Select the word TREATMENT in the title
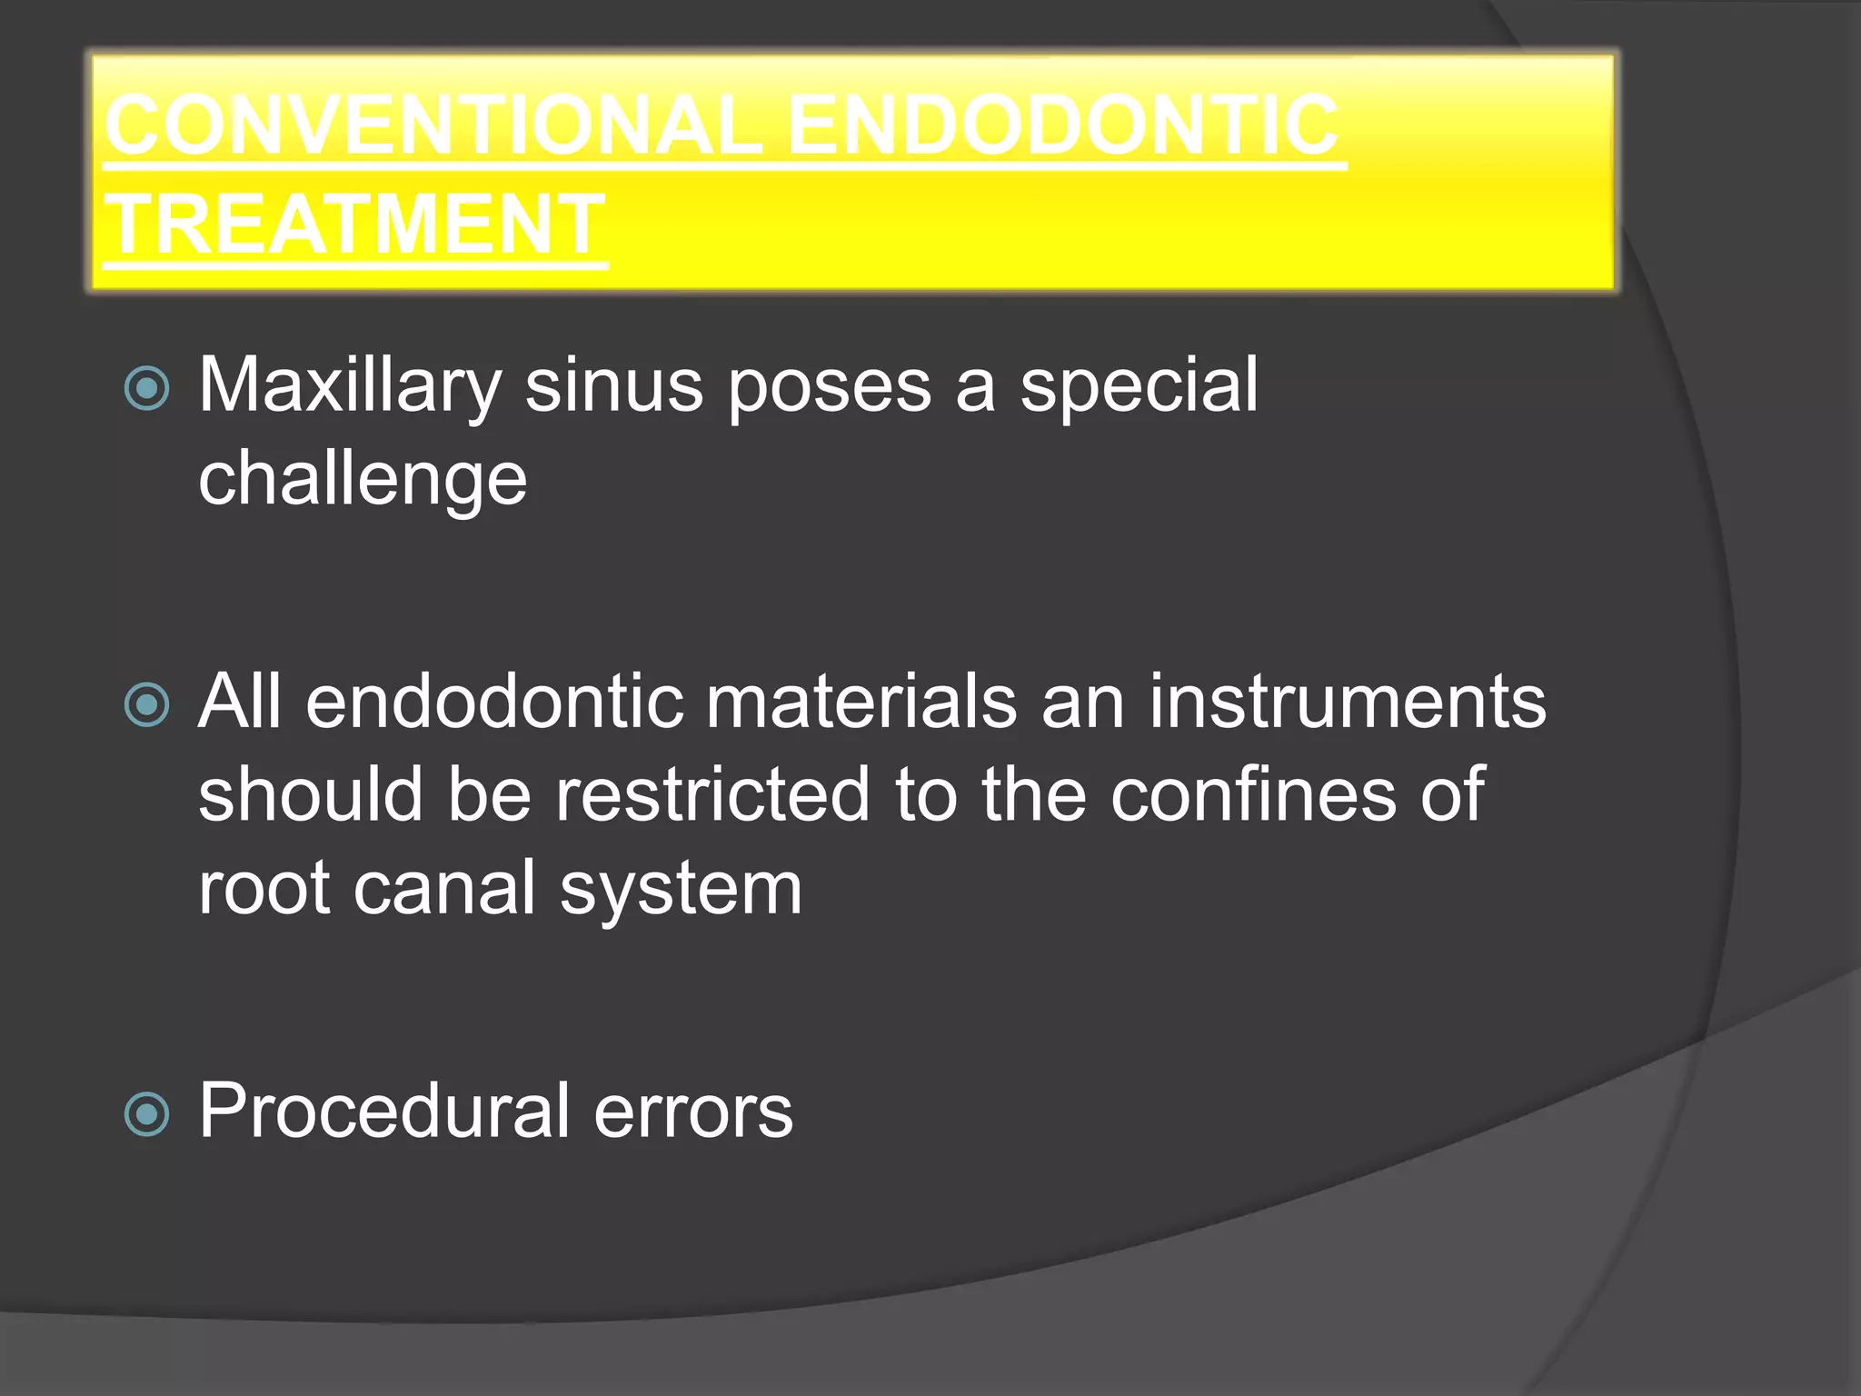[x=354, y=224]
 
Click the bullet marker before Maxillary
[x=146, y=388]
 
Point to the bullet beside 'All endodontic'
[x=146, y=705]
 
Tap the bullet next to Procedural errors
[x=146, y=1114]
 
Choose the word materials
[x=861, y=702]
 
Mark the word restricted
[x=712, y=794]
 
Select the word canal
[x=444, y=889]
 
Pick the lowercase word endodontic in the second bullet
[x=494, y=702]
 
